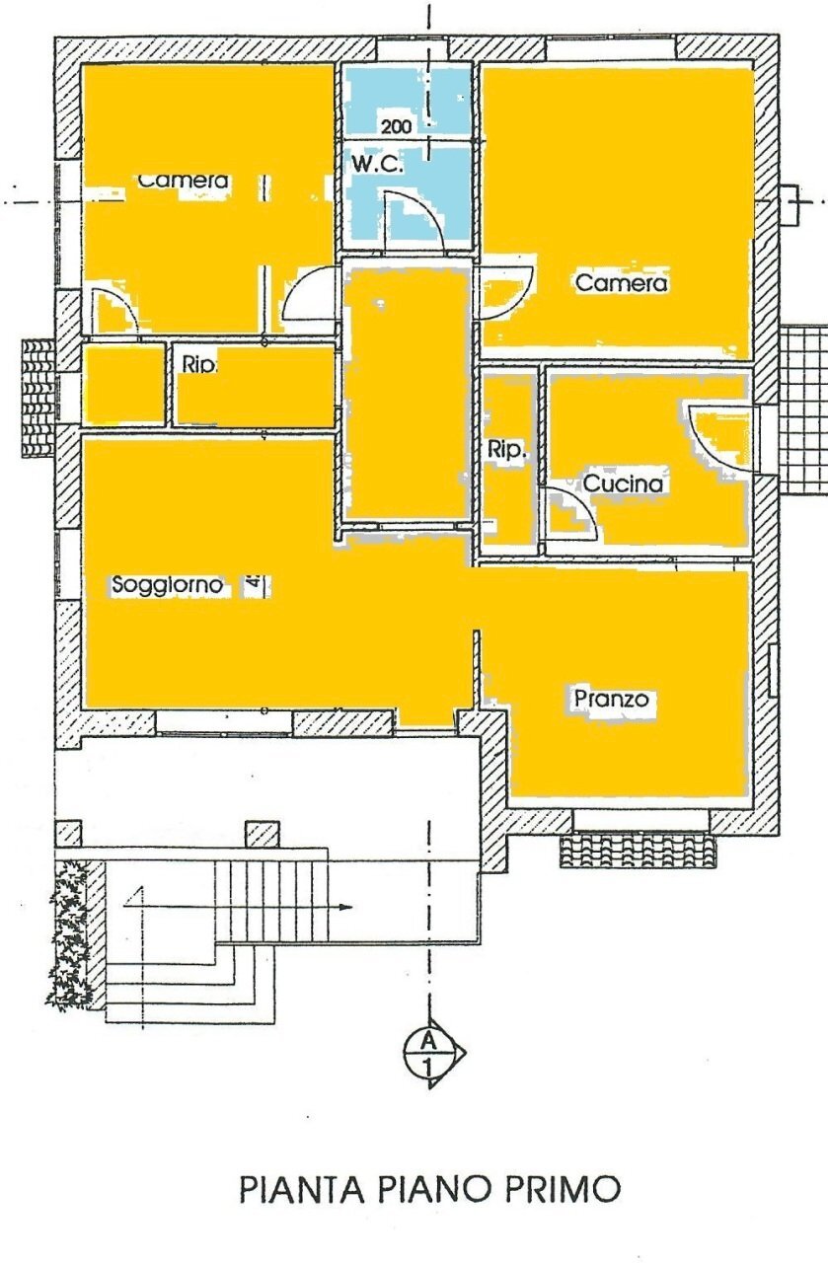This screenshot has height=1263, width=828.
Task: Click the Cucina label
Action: [622, 484]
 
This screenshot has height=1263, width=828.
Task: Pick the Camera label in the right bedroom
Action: [622, 284]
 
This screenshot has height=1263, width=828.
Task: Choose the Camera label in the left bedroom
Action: [184, 182]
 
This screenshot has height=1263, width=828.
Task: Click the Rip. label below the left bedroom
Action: [199, 364]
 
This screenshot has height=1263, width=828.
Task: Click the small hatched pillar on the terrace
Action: [261, 834]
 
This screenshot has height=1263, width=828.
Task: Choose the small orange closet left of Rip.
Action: [123, 384]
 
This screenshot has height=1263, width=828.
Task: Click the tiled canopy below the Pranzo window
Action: [639, 850]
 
